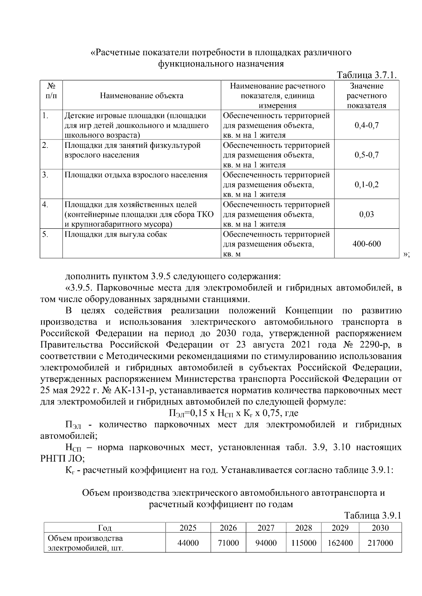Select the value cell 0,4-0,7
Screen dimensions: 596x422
click(366, 125)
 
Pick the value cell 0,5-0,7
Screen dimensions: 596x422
click(366, 155)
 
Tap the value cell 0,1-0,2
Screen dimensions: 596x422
click(366, 184)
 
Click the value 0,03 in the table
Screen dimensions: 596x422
click(366, 214)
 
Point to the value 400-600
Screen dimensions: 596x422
click(366, 244)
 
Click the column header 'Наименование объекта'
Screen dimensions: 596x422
click(141, 96)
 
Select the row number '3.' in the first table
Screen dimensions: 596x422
click(45, 175)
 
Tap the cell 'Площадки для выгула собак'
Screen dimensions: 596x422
click(116, 234)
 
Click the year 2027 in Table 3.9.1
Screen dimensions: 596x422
click(266, 528)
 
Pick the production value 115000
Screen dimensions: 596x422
click(304, 543)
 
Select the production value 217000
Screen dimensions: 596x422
click(380, 543)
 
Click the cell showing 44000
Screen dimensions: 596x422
click(188, 543)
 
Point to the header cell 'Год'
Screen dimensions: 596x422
click(105, 528)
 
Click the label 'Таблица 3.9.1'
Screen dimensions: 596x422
click(372, 516)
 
